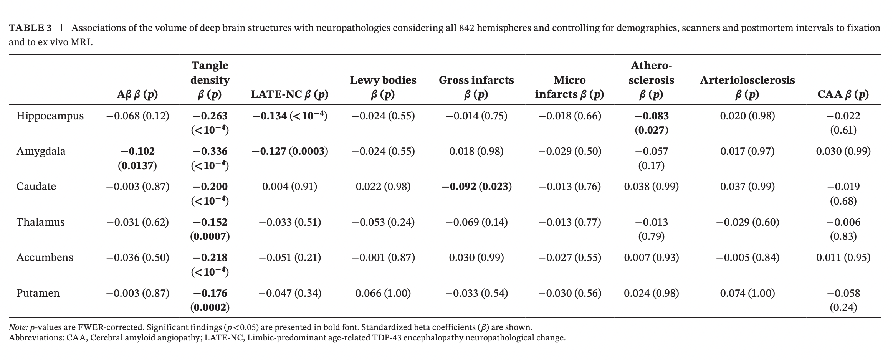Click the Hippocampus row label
[x=50, y=116]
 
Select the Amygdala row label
[x=41, y=151]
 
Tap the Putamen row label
[x=38, y=293]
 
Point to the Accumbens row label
[x=45, y=258]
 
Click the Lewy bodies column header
[x=383, y=87]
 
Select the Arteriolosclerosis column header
[x=747, y=87]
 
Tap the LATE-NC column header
[x=289, y=94]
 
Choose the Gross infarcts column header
[x=476, y=87]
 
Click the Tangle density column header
[x=210, y=80]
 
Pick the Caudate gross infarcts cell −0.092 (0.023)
[x=476, y=187]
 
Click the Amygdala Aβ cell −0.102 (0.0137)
[x=137, y=158]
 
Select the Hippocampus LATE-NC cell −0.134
[x=289, y=116]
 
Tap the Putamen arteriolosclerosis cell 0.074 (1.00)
[x=747, y=294]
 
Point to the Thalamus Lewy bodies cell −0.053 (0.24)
[x=383, y=222]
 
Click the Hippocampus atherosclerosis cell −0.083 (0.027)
[x=651, y=123]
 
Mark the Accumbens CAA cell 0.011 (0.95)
[x=843, y=258]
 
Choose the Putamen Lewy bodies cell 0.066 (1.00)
[x=383, y=294]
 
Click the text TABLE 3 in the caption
[x=30, y=28]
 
